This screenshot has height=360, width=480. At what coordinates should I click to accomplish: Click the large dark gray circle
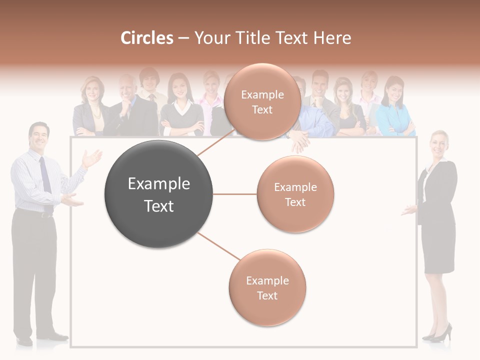coord(158,194)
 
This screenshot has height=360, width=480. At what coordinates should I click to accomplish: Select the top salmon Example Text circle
coord(262,101)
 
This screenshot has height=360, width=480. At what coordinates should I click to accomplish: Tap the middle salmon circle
coord(295,194)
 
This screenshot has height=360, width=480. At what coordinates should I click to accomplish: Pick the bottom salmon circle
coord(267,287)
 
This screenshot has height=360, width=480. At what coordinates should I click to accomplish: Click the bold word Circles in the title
coord(147,38)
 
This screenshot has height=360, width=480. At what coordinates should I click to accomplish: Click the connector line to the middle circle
coord(234,194)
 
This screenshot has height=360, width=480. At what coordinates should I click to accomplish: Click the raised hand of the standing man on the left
coord(92,159)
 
